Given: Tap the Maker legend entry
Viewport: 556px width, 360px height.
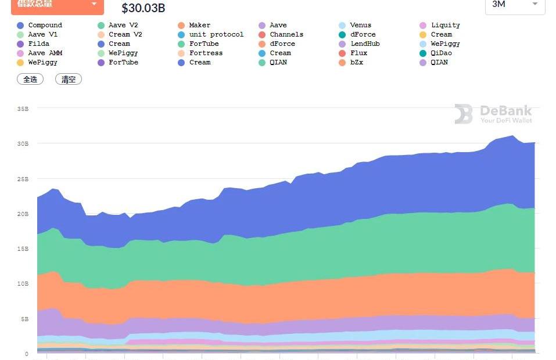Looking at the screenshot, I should [x=199, y=26].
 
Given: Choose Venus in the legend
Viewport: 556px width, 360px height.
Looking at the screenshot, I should [x=360, y=26].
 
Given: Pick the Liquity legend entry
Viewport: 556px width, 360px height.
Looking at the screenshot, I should [x=445, y=26].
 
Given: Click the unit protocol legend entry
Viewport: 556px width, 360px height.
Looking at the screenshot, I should [x=216, y=35].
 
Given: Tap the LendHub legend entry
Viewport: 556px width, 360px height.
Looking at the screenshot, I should [x=365, y=44].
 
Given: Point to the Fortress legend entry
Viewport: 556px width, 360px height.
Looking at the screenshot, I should [x=206, y=53].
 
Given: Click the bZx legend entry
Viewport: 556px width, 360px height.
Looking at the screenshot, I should [x=357, y=63].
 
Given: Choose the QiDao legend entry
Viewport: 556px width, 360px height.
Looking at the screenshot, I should [x=441, y=53].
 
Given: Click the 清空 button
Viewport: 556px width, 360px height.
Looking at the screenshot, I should [x=69, y=80].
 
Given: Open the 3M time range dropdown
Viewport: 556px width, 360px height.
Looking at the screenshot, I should [x=515, y=5].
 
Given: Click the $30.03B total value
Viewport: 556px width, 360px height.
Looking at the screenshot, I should [x=144, y=8].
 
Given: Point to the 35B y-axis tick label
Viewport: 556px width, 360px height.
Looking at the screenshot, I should [x=23, y=109].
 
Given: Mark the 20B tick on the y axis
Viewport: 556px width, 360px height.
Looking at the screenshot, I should [x=23, y=214].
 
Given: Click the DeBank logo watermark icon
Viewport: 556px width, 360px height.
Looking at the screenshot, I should [x=464, y=114].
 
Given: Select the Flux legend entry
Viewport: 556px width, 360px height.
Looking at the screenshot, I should [x=358, y=53].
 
